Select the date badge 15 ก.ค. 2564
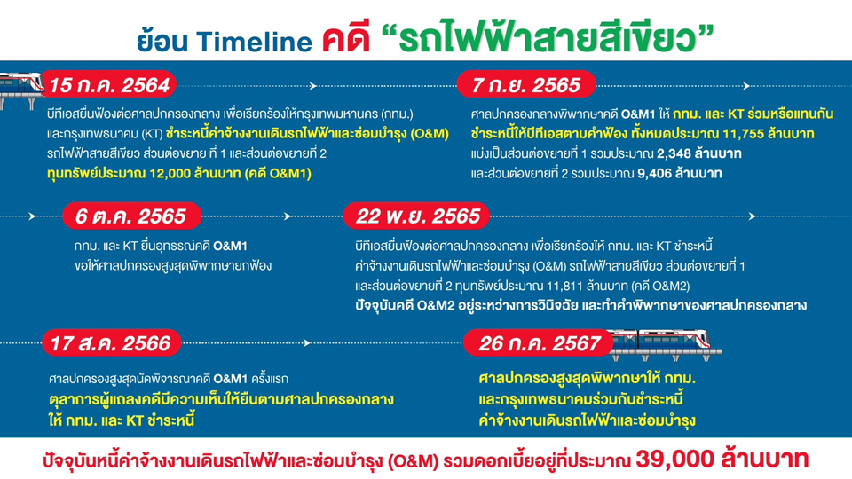pos(109,85)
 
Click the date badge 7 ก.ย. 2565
pos(526,85)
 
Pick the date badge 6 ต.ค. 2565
pos(132,216)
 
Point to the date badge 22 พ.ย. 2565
pos(417,216)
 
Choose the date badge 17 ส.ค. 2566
pos(112,342)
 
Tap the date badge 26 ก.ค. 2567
pos(539,342)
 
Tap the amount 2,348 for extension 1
pos(674,153)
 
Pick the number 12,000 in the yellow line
pos(170,174)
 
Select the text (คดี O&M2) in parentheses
pos(659,286)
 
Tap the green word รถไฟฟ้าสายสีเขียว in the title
pos(548,37)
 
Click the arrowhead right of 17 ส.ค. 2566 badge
pos(307,342)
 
